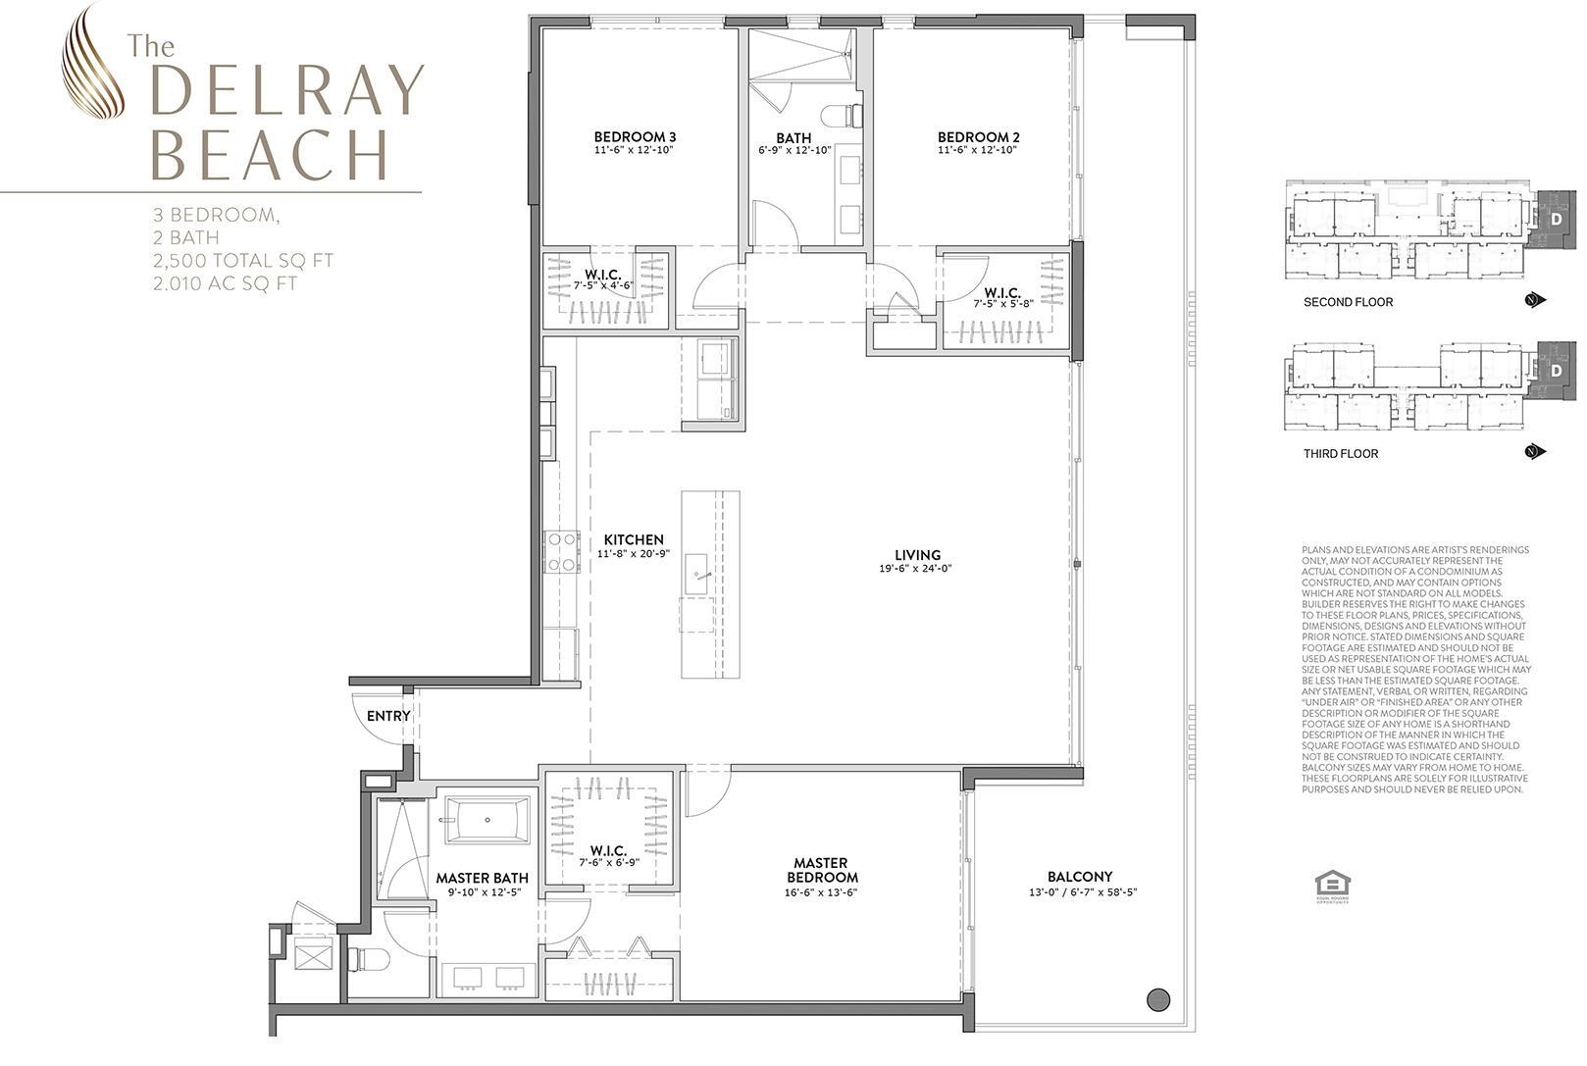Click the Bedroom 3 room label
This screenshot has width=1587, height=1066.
click(x=635, y=136)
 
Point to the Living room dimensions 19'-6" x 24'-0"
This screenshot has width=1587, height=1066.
click(x=917, y=569)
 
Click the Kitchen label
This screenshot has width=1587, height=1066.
click(x=633, y=539)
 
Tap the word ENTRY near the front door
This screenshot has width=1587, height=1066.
click(x=388, y=716)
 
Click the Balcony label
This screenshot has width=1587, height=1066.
click(x=1079, y=877)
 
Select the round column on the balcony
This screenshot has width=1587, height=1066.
click(x=1158, y=1000)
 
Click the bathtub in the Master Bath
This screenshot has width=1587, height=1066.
click(x=486, y=820)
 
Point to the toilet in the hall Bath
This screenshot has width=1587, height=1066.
click(x=843, y=116)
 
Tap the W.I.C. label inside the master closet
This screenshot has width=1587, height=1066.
click(x=608, y=850)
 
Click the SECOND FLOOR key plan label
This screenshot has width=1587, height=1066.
click(x=1348, y=302)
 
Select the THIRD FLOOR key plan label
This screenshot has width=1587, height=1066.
click(x=1340, y=454)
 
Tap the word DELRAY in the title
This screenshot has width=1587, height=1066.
click(x=287, y=94)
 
